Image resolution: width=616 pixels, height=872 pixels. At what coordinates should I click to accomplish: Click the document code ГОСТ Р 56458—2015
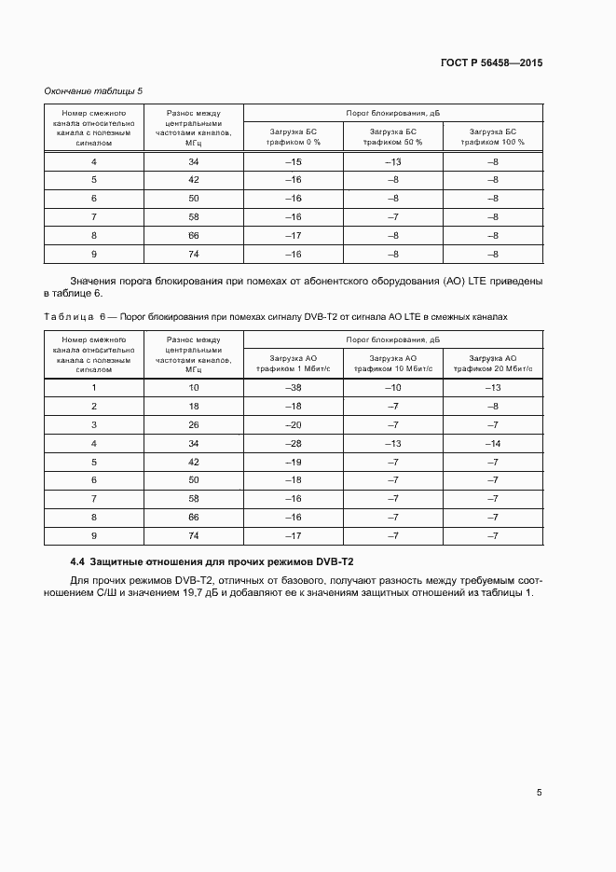pos(490,63)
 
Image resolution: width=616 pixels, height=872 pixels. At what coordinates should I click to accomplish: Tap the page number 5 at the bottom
pos(539,793)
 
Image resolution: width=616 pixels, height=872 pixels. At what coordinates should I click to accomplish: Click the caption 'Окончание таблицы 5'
pos(93,90)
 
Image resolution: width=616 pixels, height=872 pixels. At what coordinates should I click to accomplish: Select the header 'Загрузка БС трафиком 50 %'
pos(393,137)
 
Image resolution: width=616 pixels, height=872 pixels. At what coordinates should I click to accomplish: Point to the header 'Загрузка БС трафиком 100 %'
pos(493,137)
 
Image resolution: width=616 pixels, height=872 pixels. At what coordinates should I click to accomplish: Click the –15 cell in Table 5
pos(293,162)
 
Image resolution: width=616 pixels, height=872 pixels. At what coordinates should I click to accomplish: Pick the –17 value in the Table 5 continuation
pos(293,236)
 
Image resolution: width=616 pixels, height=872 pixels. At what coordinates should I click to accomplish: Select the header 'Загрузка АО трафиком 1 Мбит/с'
pos(293,363)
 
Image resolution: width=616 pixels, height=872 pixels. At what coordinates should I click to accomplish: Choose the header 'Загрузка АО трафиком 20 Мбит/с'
pos(493,363)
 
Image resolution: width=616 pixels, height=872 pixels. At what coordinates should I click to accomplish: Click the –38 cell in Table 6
pos(293,388)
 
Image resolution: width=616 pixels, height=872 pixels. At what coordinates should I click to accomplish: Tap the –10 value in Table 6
pos(393,388)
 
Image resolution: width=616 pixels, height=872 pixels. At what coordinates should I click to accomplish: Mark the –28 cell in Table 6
pos(293,443)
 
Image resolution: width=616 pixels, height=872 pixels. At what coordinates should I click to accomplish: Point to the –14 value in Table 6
pos(493,443)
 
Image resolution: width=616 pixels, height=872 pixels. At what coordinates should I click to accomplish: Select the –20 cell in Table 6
pos(293,424)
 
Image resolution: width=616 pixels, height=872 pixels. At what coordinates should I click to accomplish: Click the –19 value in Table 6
pos(293,462)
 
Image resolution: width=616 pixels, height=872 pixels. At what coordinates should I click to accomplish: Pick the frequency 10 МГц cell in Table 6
pos(194,388)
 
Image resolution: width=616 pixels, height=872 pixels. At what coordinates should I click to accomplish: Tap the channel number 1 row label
pos(94,388)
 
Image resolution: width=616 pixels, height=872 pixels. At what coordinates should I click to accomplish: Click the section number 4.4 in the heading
pos(77,562)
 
